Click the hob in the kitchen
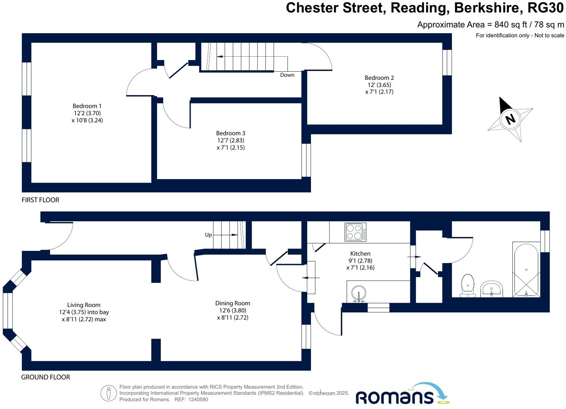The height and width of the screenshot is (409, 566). pyautogui.click(x=355, y=232)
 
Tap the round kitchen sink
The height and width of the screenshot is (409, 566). pyautogui.click(x=359, y=293)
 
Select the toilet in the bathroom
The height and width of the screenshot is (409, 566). pyautogui.click(x=468, y=285)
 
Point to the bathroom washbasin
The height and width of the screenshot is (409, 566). pyautogui.click(x=492, y=289)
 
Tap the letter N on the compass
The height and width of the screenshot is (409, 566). pyautogui.click(x=510, y=119)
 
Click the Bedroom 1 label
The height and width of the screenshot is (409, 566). pyautogui.click(x=87, y=106)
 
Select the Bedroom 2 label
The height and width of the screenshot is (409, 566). pyautogui.click(x=379, y=78)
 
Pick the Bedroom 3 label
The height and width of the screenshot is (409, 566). pyautogui.click(x=230, y=133)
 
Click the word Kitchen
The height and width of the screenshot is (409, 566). pyautogui.click(x=360, y=254)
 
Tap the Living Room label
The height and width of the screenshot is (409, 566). pyautogui.click(x=84, y=305)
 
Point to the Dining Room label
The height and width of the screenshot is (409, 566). pyautogui.click(x=233, y=303)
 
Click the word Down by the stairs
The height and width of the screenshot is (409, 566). pyautogui.click(x=287, y=75)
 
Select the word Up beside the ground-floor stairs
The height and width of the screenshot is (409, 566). pyautogui.click(x=208, y=235)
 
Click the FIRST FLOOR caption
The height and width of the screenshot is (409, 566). pyautogui.click(x=40, y=200)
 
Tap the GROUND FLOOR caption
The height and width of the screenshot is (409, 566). pyautogui.click(x=45, y=377)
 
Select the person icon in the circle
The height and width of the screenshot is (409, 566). pyautogui.click(x=109, y=393)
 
